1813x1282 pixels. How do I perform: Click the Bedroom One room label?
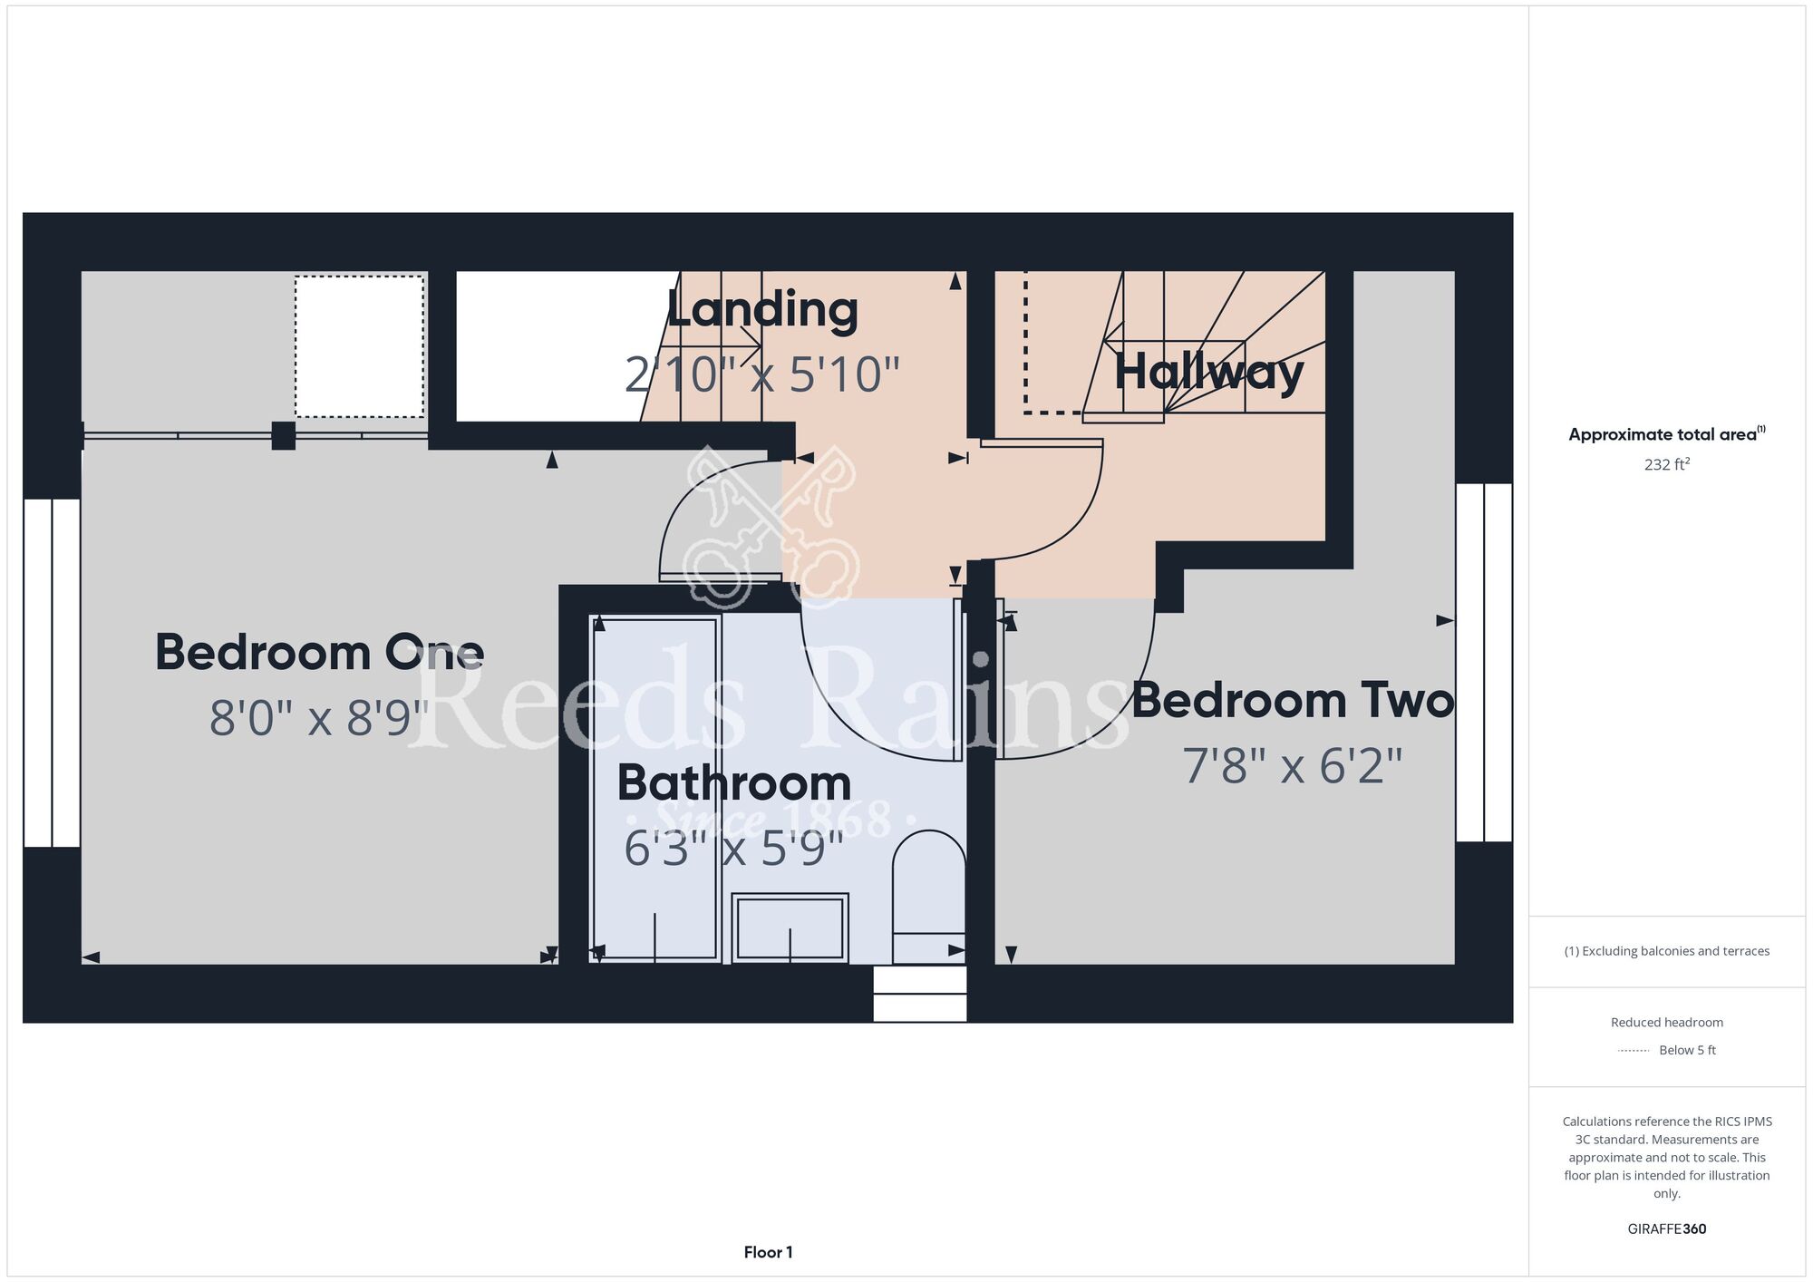point(319,652)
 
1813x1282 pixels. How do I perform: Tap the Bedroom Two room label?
point(1293,700)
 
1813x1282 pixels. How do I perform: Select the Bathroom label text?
point(734,782)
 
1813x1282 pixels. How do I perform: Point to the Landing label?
point(762,309)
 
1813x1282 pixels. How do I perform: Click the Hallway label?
point(1209,371)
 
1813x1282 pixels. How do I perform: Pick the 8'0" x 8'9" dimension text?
point(319,717)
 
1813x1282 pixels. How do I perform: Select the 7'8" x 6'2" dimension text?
point(1293,765)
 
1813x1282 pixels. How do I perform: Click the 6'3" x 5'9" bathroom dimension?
point(734,849)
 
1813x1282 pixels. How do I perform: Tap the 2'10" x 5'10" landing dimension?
point(762,374)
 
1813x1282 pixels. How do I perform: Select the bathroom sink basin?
point(790,928)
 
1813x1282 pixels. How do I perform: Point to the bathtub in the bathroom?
point(655,788)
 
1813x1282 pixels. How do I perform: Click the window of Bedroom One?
point(52,673)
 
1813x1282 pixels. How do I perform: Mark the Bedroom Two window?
point(1484,663)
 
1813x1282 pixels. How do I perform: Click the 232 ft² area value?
point(1667,464)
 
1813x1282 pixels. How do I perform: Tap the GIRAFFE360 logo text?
point(1667,1229)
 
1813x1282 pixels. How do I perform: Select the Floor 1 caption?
point(769,1252)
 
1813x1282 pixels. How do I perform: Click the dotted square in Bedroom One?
point(359,346)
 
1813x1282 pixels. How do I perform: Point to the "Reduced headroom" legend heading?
point(1667,1023)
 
